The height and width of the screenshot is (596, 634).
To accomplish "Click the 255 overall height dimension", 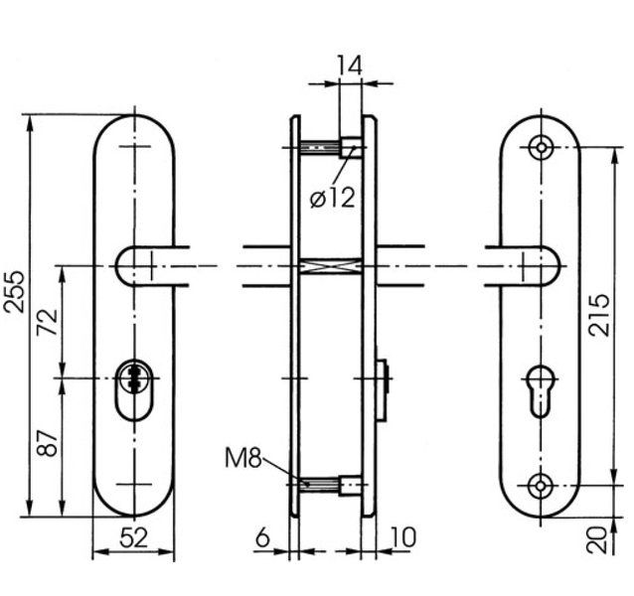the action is point(14,292).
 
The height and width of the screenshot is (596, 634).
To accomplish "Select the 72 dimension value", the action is point(48,322).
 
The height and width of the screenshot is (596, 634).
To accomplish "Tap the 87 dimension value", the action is point(48,443).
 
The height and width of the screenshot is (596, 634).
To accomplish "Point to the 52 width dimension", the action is point(134,538).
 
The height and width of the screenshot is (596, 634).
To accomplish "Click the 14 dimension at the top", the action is point(350,66).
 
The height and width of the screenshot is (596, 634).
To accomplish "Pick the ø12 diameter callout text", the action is point(332,198).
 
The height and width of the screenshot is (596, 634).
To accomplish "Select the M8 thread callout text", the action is point(243,458).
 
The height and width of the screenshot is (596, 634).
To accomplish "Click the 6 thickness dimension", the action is point(262,537).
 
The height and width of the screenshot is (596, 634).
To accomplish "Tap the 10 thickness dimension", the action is point(402,537).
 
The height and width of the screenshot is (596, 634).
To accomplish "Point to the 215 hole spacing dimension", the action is point(599,316).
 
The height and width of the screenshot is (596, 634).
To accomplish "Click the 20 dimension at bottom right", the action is point(597,540).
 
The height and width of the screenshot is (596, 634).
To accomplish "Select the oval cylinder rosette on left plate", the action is point(134,389).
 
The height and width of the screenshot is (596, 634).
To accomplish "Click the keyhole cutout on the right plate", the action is point(541,391).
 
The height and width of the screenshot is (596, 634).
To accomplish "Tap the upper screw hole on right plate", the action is point(542,147).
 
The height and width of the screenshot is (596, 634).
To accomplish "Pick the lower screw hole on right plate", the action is point(541,486).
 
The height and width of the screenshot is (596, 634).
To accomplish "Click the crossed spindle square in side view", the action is point(331,266).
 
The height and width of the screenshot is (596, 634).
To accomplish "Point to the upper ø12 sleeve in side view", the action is point(351,147).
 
